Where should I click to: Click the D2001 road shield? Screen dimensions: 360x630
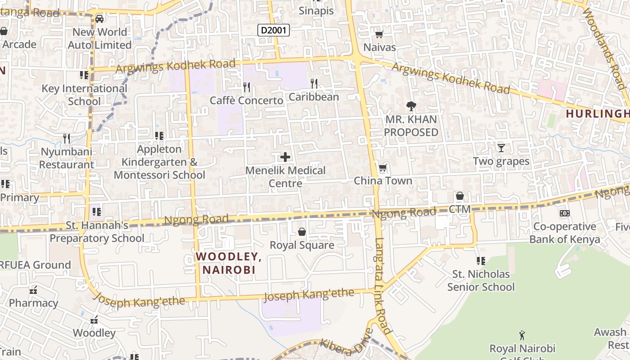coord(273,31)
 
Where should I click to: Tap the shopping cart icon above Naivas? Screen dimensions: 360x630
coord(379,34)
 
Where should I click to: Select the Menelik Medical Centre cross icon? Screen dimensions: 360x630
coord(285,157)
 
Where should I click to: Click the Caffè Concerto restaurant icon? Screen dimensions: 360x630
coord(247,87)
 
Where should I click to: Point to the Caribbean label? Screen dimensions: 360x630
coord(314,97)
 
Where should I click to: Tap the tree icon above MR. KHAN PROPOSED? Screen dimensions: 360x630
coord(411,106)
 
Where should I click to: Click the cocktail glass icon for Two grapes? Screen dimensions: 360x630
coord(501,148)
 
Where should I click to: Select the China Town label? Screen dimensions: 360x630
coord(383,181)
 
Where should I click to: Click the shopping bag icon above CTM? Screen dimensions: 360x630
coord(460,196)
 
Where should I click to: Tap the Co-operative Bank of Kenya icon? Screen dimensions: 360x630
coord(564,213)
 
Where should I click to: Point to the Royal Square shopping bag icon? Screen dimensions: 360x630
coord(302,232)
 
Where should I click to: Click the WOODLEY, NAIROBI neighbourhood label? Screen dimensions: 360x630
coord(229,263)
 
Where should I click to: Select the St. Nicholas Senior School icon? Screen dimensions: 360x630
coord(481,261)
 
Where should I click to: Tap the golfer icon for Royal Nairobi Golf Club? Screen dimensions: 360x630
coord(522,335)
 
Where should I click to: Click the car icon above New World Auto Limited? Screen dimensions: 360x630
coord(99,19)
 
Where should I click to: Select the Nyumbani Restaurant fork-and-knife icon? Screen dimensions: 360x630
coord(67,138)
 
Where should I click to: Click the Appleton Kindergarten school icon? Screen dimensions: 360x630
coord(159,135)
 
